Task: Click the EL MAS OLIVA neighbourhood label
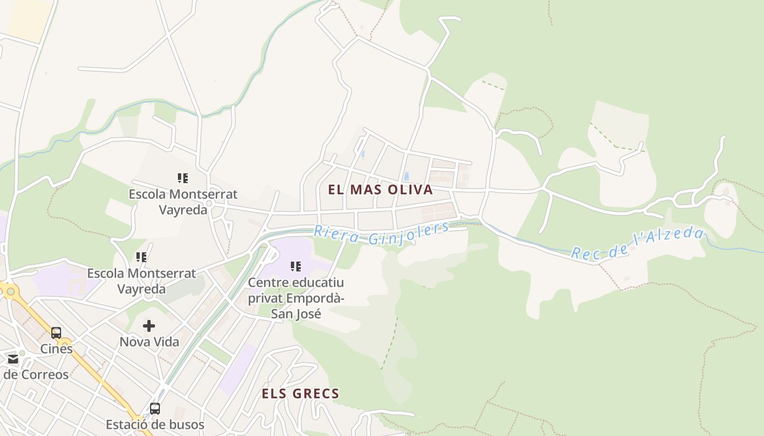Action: [380, 190]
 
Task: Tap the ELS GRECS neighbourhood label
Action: [300, 393]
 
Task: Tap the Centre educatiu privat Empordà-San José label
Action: [296, 298]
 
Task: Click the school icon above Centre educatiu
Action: [296, 267]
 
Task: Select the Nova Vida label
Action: [149, 342]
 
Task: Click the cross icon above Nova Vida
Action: [149, 326]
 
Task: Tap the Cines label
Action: [56, 349]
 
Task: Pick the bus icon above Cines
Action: [56, 333]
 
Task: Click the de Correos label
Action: [36, 375]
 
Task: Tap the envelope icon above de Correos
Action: [13, 360]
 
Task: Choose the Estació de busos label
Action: [155, 425]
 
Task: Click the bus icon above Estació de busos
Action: [155, 408]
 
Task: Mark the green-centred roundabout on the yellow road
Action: [10, 292]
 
